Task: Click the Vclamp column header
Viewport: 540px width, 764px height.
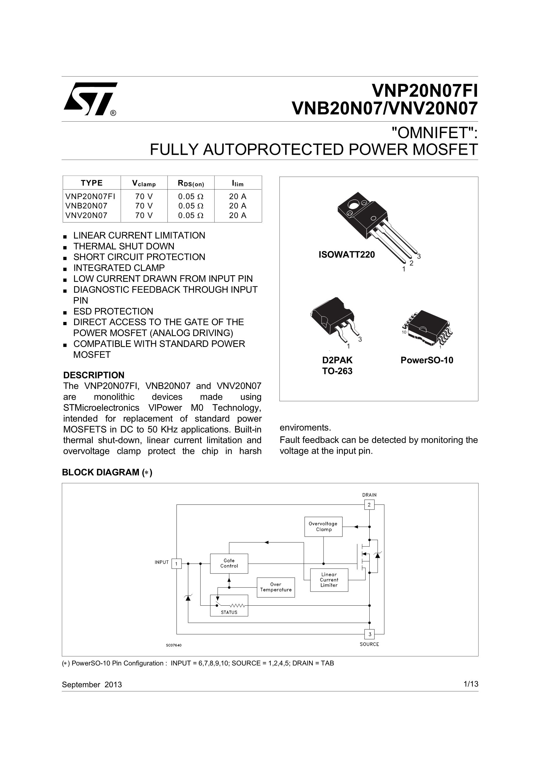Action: (x=144, y=183)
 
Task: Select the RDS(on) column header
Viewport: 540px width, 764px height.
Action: (x=191, y=183)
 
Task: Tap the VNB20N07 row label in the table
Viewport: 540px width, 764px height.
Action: (x=86, y=206)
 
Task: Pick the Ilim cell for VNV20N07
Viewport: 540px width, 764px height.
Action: (x=238, y=215)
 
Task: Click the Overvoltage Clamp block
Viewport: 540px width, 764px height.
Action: (x=323, y=526)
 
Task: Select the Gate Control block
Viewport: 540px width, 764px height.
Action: (x=229, y=563)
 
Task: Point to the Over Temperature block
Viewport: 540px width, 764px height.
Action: (x=276, y=587)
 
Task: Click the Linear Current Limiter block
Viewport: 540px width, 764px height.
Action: (x=329, y=580)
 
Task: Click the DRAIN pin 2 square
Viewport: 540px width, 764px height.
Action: (x=369, y=505)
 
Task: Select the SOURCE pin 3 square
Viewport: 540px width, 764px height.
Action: (x=370, y=634)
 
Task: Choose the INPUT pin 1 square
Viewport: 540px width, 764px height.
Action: (x=176, y=564)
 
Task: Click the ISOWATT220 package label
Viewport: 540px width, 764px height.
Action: (x=347, y=255)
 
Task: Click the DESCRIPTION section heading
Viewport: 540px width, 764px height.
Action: (x=94, y=375)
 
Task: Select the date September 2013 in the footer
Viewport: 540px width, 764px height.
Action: (x=92, y=684)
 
